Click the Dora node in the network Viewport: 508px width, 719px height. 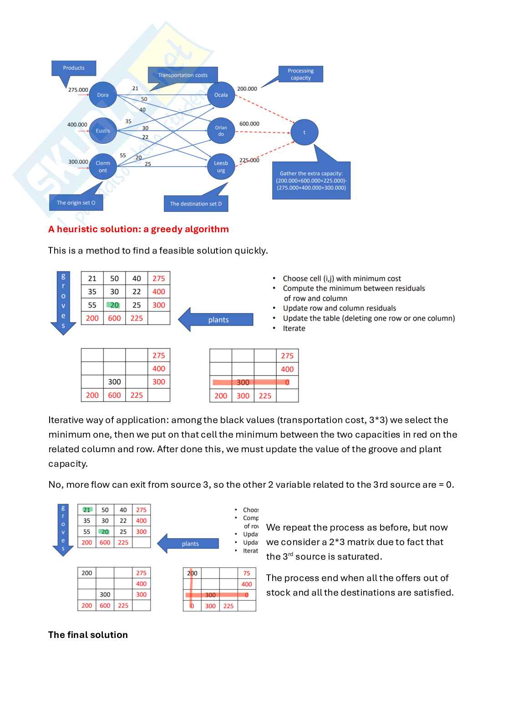coord(103,95)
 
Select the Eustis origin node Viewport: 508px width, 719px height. coord(103,131)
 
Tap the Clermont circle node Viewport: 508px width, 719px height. coord(103,167)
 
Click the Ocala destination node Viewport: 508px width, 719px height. coord(221,95)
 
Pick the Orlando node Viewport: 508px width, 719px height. coord(221,131)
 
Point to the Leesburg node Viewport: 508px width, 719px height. coord(221,167)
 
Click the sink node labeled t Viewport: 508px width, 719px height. coord(304,132)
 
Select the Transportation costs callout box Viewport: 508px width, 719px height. coord(183,75)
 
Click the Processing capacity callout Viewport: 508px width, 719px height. coord(300,74)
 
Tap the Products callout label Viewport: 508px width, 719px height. coord(74,68)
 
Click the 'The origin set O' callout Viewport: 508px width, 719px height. coord(76,203)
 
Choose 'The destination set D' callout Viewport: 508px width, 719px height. coord(196,204)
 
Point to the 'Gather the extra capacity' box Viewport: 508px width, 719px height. coord(311,180)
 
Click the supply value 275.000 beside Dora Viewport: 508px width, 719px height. coord(78,90)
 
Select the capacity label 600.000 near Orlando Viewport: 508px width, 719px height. coord(249,124)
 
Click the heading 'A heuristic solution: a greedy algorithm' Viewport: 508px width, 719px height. coord(138,229)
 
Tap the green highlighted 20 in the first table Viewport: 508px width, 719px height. coord(114,305)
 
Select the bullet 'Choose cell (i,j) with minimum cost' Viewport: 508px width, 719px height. coord(341,278)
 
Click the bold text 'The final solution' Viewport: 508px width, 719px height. coord(88,635)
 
